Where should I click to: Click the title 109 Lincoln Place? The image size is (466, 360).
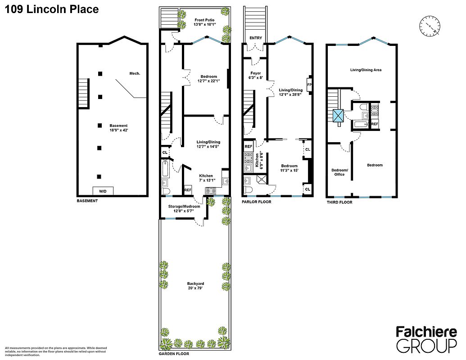51,9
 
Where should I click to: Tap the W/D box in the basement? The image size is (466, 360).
103,191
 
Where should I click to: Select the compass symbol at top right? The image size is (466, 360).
430,26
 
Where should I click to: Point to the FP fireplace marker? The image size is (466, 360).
309,85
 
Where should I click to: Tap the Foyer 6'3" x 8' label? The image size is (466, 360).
255,75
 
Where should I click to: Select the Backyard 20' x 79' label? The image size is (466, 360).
195,286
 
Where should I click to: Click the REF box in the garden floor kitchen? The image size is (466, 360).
188,190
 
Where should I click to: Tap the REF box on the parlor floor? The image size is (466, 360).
248,147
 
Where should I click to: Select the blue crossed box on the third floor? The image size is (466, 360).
338,116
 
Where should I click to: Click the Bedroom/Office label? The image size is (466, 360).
339,172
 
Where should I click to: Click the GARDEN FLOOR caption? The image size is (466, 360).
174,354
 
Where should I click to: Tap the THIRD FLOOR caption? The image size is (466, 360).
339,202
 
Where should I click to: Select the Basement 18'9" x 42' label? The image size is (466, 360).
118,128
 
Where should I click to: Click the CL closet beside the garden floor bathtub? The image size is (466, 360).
165,153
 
